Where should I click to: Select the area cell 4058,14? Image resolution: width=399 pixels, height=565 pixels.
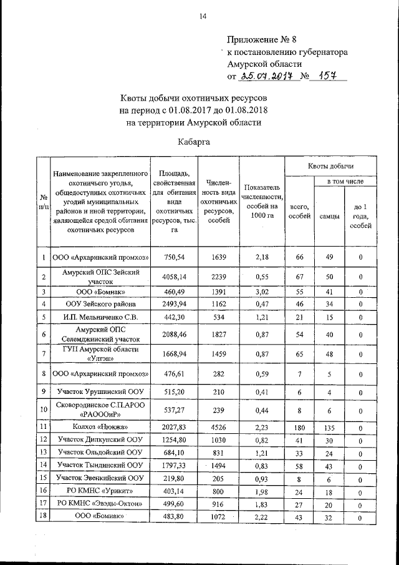[174, 276]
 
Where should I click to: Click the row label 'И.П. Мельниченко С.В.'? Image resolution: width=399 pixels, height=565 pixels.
[100, 317]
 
